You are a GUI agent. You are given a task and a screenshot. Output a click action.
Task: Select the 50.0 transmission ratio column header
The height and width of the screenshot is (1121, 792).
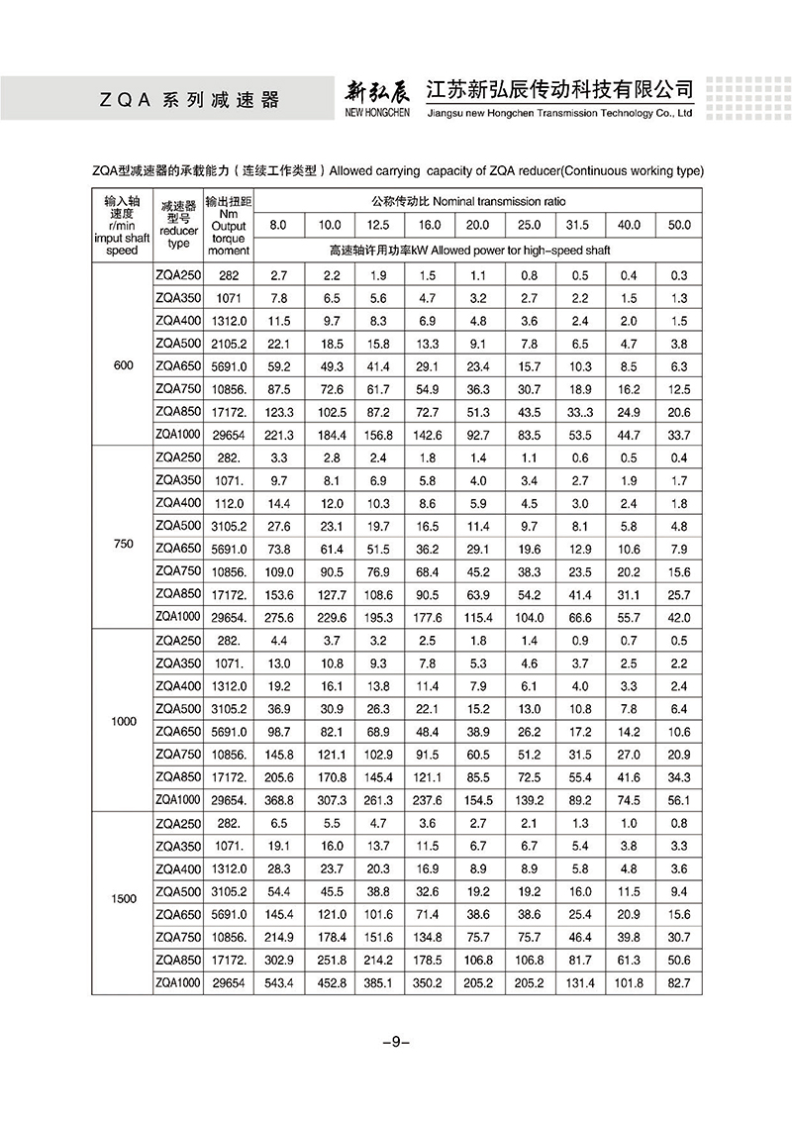679,225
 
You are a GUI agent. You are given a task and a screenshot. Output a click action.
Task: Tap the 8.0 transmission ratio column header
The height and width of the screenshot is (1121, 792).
278,225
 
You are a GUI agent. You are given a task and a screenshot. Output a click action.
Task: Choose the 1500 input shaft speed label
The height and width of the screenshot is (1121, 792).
124,899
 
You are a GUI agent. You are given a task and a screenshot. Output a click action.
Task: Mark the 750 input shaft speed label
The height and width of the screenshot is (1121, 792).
124,544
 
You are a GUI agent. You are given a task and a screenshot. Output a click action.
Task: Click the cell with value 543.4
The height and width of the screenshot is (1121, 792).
278,982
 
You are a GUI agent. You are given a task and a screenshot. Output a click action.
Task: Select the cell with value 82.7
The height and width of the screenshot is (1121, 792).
679,982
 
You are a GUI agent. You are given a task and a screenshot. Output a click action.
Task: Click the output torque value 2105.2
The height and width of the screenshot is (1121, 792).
229,344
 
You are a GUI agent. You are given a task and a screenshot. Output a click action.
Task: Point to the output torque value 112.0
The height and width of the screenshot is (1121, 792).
229,503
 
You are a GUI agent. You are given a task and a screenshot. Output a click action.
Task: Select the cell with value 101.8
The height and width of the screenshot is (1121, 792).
630,982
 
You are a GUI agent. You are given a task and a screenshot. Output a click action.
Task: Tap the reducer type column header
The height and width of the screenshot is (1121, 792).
179,224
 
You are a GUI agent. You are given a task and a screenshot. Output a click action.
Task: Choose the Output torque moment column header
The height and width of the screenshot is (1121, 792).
229,226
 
